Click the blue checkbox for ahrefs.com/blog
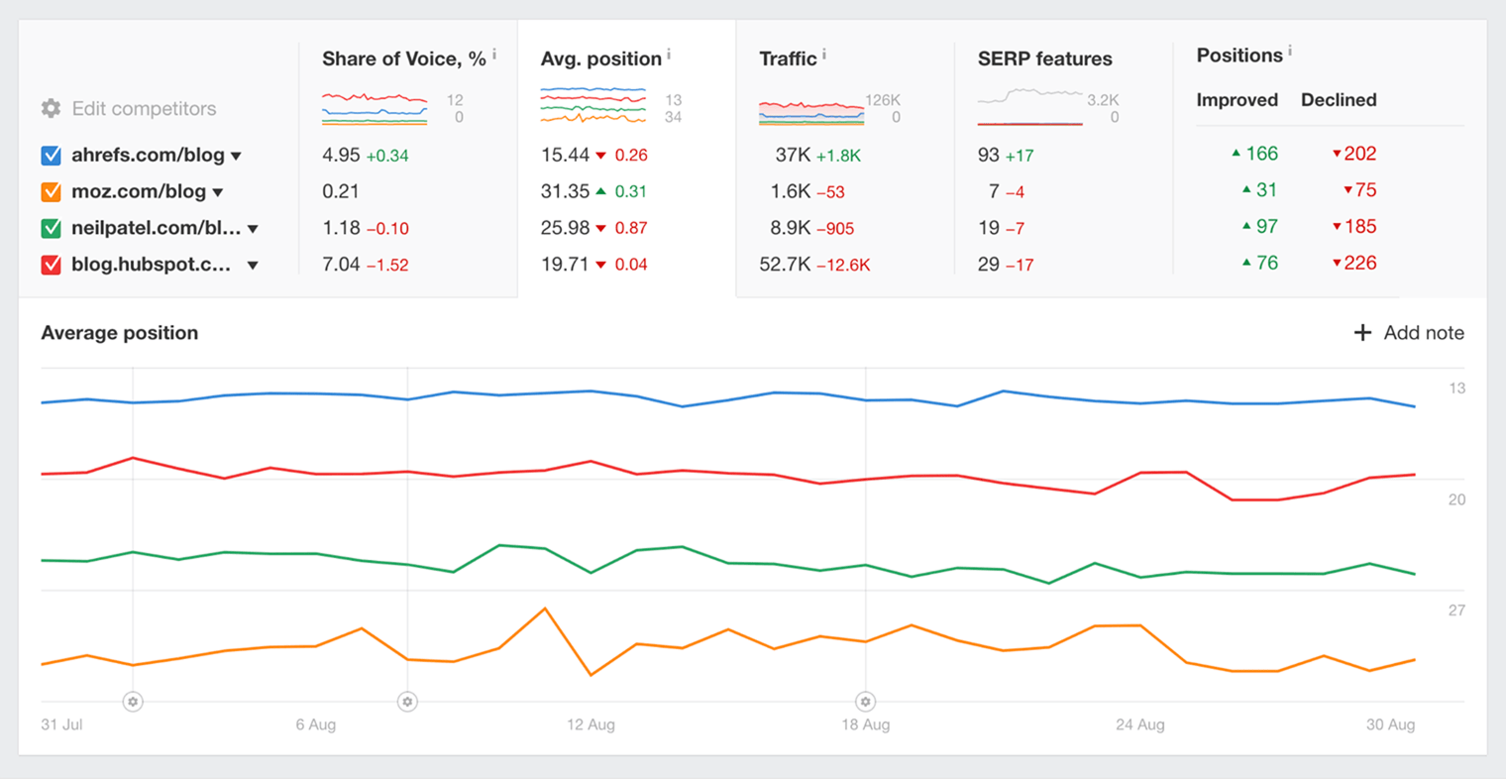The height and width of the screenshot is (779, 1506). tap(52, 156)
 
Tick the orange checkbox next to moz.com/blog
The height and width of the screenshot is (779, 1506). tap(52, 191)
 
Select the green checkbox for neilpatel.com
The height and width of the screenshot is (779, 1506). tap(52, 228)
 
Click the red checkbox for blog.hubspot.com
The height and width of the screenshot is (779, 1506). tap(52, 265)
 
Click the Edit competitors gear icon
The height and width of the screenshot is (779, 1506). tap(51, 108)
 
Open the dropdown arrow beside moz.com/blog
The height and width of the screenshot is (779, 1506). tap(218, 192)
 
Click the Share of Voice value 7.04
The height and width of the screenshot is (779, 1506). tap(341, 265)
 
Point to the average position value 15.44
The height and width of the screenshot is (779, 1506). tap(565, 155)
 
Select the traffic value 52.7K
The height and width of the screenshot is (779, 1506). tap(785, 265)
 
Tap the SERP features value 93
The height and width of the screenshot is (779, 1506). tap(988, 155)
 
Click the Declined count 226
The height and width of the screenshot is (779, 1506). tap(1360, 263)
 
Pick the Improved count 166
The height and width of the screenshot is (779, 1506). tap(1261, 154)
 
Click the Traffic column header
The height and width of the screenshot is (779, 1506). tap(788, 58)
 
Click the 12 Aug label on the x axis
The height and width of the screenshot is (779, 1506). tap(591, 724)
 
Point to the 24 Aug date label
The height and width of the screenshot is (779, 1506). tap(1139, 724)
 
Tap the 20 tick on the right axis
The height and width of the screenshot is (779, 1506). tap(1456, 500)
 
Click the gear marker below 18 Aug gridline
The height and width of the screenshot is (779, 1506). tap(865, 702)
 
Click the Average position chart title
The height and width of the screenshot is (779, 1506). tap(119, 333)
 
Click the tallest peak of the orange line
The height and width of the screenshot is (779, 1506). tap(545, 609)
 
